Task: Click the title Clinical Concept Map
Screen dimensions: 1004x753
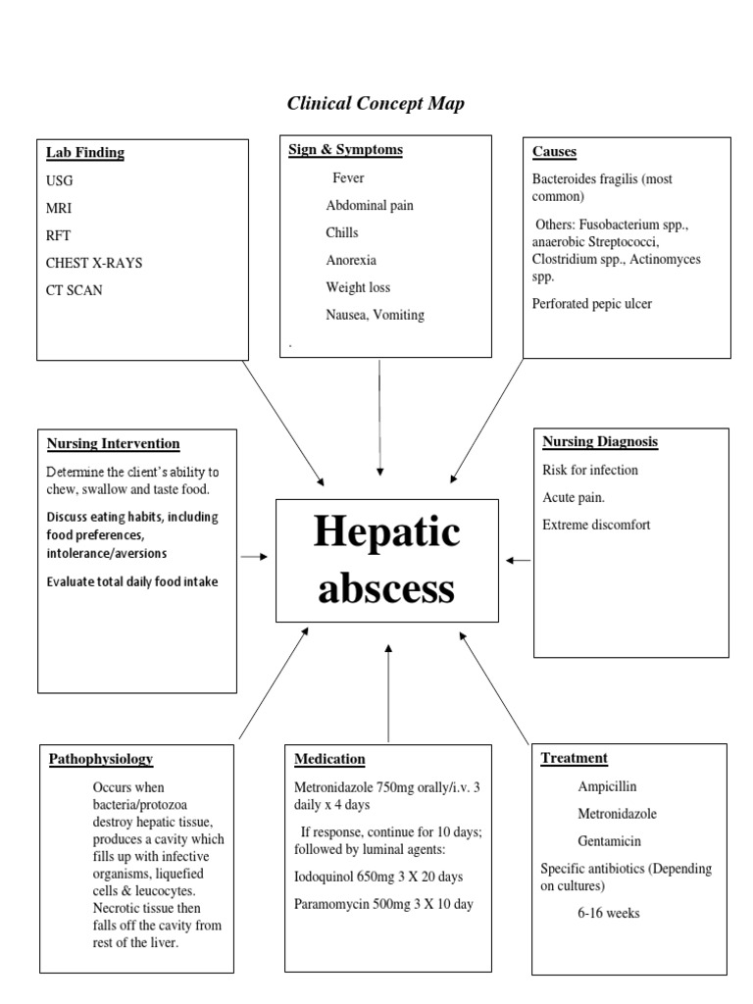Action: pos(376,103)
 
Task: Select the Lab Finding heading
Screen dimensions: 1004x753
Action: pos(85,152)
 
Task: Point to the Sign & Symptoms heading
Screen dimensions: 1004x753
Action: pos(345,150)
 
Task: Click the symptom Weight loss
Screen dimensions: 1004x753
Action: pos(358,287)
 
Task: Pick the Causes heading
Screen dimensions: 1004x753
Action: pos(554,151)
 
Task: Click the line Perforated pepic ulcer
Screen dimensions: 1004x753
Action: pos(591,304)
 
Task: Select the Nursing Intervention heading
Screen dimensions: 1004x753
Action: pos(113,443)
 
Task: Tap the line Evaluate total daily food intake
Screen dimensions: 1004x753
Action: pos(132,581)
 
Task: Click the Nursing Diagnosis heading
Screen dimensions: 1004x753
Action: pos(600,442)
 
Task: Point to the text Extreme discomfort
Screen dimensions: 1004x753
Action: pos(596,525)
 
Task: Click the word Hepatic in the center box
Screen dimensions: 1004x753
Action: pos(387,532)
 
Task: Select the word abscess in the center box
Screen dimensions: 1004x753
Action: pos(387,588)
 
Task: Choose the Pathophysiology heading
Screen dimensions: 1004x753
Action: pos(101,759)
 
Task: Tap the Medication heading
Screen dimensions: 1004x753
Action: pos(329,759)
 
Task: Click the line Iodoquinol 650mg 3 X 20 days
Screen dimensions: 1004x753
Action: pos(378,877)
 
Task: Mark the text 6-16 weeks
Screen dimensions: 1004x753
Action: pos(609,913)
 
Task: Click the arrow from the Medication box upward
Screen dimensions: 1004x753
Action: pos(388,691)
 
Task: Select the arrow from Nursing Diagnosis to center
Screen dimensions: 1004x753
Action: pos(519,560)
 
